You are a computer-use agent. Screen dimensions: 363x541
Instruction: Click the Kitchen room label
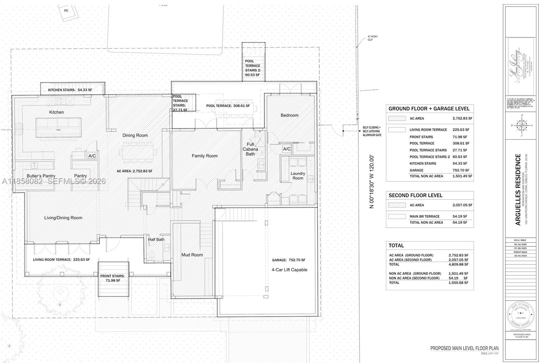click(56, 112)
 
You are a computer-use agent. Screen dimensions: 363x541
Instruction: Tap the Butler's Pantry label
click(41, 176)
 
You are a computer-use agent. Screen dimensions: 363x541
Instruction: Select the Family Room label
click(205, 156)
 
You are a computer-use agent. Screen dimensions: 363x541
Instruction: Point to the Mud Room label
click(192, 255)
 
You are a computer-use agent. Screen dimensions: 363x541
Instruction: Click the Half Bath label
click(156, 239)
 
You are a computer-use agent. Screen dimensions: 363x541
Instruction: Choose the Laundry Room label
click(298, 176)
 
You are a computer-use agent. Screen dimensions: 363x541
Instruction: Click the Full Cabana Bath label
click(250, 149)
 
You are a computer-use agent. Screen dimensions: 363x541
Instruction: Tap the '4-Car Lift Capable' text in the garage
click(289, 269)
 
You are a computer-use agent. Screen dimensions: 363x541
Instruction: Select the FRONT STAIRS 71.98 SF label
click(113, 278)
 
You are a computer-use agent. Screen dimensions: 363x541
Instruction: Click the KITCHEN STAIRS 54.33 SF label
click(70, 90)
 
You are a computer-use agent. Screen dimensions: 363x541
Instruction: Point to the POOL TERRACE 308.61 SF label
click(228, 106)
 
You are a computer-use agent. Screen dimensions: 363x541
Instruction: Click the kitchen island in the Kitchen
click(58, 127)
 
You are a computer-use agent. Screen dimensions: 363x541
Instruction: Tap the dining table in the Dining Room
click(138, 149)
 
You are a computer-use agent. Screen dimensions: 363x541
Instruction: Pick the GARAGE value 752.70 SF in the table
click(461, 170)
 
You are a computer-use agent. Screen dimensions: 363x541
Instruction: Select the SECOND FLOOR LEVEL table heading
click(415, 195)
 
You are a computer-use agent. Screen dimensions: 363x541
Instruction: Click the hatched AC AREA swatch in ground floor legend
click(397, 119)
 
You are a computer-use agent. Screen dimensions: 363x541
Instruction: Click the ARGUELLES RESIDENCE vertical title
click(518, 189)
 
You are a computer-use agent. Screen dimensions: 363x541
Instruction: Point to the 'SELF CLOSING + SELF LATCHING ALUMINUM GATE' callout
click(372, 131)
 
